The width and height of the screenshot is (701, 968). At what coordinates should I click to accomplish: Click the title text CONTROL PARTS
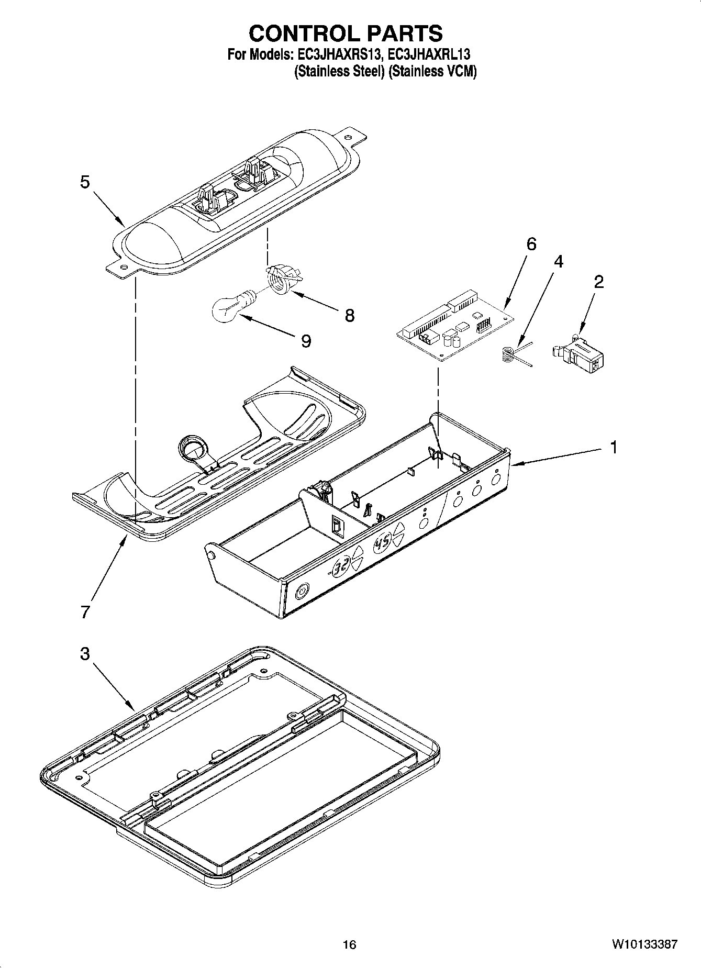pos(346,34)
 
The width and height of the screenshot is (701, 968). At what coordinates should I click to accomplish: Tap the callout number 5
pos(85,182)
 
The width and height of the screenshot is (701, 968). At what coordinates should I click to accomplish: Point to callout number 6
pos(531,244)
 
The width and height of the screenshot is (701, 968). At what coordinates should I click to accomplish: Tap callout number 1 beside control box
pos(613,448)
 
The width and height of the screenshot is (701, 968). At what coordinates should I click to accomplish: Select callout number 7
pos(86,611)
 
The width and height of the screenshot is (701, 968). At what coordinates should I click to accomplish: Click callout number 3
pos(85,654)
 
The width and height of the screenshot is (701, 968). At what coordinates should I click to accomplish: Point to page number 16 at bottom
pos(349,944)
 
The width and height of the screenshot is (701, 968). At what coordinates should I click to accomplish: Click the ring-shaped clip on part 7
pos(192,448)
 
